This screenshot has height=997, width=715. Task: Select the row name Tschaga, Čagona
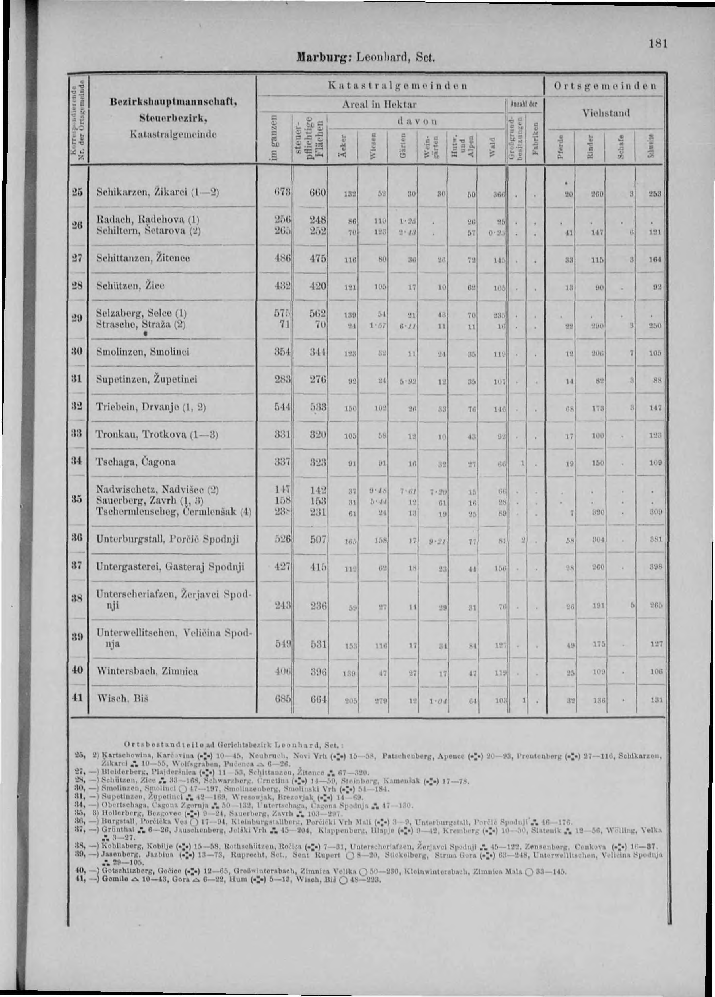tap(136, 462)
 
